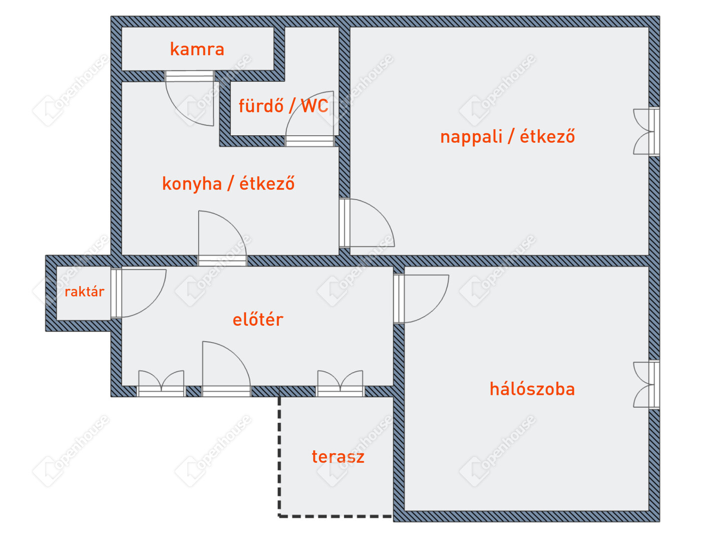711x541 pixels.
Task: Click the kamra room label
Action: coord(197,49)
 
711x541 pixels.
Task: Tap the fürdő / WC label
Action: coord(283,106)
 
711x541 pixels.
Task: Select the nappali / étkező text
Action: coord(507,136)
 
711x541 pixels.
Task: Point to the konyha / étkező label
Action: coord(228,184)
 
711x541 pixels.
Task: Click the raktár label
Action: coord(84,292)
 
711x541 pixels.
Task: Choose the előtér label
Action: coord(258,320)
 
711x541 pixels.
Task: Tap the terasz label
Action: coord(338,457)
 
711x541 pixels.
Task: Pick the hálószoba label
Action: coord(532,389)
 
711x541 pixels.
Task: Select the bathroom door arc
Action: coord(313,115)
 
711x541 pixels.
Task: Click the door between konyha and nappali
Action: coord(368,223)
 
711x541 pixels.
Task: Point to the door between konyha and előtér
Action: coord(220,235)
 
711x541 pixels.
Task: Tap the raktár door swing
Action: coord(140,293)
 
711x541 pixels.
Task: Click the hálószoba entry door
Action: coord(423,298)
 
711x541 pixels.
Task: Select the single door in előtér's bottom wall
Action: coord(225,366)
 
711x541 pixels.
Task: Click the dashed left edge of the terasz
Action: coord(279,456)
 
